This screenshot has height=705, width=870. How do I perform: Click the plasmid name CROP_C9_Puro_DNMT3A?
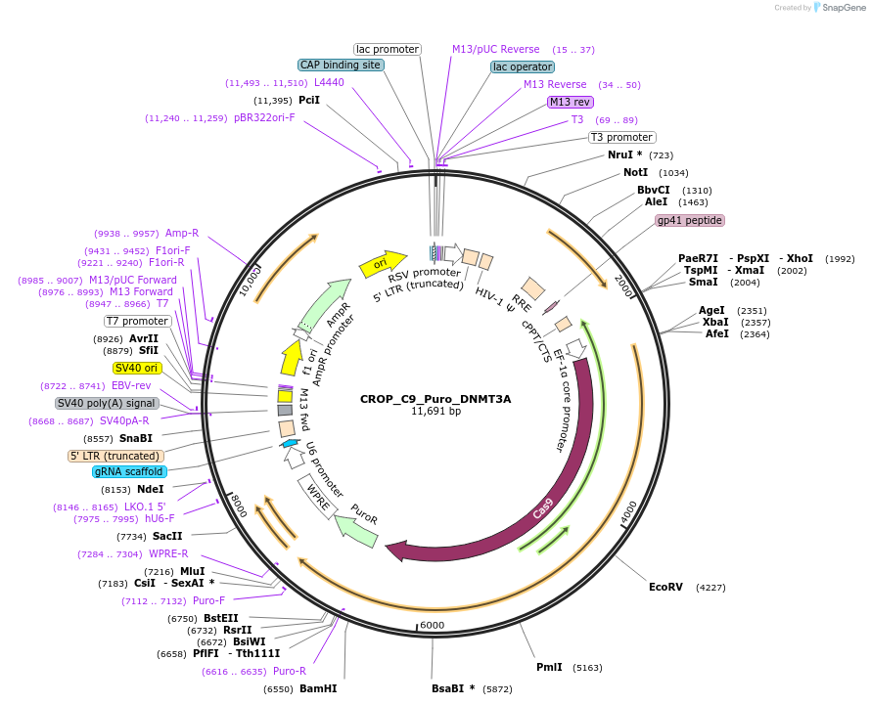[x=435, y=399]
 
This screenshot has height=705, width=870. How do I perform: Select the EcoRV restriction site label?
[x=665, y=587]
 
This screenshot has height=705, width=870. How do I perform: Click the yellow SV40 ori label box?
[x=137, y=368]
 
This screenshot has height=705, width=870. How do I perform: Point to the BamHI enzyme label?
[x=318, y=688]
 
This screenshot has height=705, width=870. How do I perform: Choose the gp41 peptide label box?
[x=690, y=221]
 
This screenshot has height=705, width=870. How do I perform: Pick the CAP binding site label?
[x=341, y=65]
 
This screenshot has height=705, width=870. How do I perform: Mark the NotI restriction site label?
[x=635, y=172]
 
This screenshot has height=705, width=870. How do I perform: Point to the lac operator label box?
[x=523, y=66]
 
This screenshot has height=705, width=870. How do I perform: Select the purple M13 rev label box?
[x=570, y=102]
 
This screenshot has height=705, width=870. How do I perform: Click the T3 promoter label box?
[x=621, y=137]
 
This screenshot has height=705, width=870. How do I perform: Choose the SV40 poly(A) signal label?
[x=106, y=403]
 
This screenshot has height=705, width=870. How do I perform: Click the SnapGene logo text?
[x=842, y=8]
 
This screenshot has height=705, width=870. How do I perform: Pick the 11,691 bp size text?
[x=435, y=412]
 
